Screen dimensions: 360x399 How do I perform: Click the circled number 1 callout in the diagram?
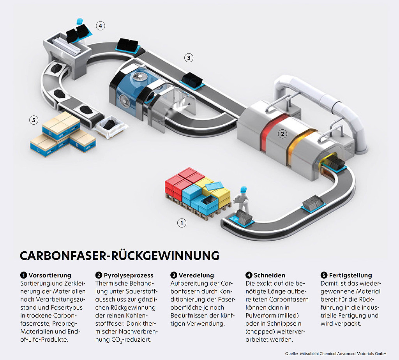(182, 223)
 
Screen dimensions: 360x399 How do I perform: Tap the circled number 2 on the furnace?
(282, 134)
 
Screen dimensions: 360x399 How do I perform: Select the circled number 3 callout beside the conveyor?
(189, 58)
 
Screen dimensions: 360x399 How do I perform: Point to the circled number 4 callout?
(101, 26)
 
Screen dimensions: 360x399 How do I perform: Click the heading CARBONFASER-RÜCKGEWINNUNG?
(120, 255)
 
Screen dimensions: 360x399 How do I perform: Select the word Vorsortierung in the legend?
(49, 275)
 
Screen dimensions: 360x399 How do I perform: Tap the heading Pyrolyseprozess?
(128, 275)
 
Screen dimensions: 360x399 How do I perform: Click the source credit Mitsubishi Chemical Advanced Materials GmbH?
(343, 353)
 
